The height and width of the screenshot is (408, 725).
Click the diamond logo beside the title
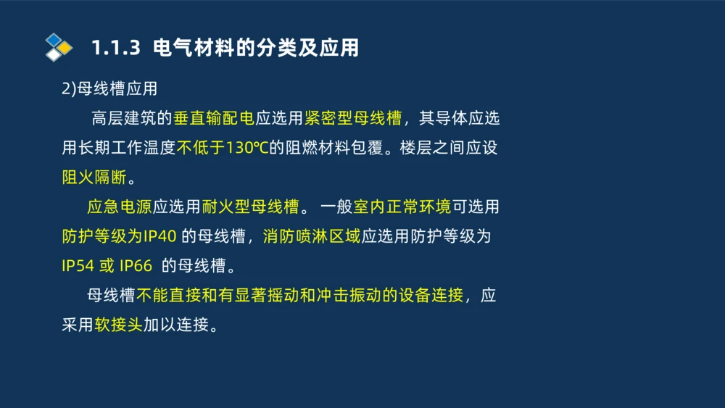tap(59, 47)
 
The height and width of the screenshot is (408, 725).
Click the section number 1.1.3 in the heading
tap(115, 49)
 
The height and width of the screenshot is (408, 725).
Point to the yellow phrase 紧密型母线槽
tap(353, 118)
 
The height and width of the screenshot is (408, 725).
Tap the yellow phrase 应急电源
tap(119, 207)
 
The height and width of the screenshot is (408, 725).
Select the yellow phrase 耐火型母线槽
tap(250, 207)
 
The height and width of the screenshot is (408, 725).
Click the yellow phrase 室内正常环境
tap(402, 207)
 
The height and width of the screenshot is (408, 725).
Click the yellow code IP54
tap(78, 266)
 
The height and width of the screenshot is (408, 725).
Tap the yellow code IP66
tap(136, 266)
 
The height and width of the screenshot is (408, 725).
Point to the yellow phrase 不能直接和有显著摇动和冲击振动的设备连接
tap(299, 296)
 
